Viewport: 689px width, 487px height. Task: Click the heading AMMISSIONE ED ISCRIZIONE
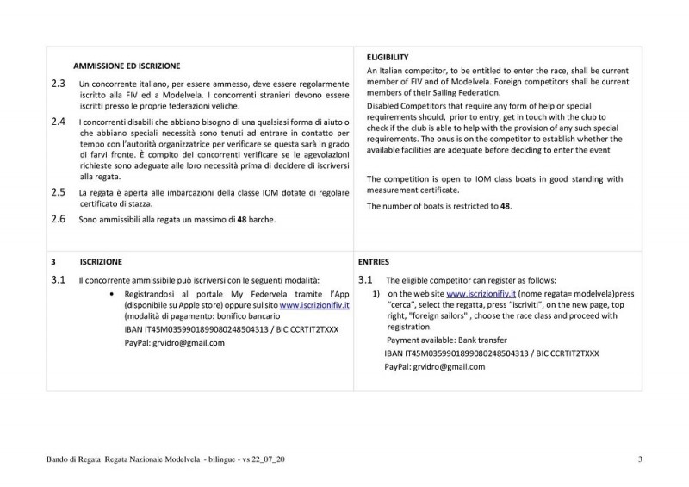(126, 66)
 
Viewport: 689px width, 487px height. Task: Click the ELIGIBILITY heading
(388, 56)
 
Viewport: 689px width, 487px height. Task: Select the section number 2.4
(58, 122)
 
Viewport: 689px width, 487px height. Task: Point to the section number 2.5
(58, 191)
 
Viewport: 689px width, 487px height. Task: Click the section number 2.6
(58, 219)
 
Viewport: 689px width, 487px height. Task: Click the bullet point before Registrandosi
(115, 294)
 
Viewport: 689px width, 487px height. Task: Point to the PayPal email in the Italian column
(189, 342)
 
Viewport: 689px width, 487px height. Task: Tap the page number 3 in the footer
(640, 458)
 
